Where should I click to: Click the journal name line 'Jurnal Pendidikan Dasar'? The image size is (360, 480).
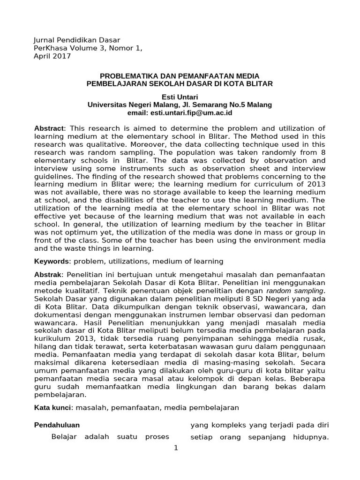77,39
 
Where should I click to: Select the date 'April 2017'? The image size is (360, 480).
52,56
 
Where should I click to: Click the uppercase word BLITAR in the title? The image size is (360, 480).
261,83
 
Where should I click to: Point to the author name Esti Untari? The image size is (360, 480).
180,97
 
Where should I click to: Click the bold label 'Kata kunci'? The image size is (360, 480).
52,408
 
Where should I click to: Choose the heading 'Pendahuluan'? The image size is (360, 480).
57,425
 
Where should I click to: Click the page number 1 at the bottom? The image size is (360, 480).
176,448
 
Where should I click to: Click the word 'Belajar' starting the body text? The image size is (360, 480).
63,437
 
